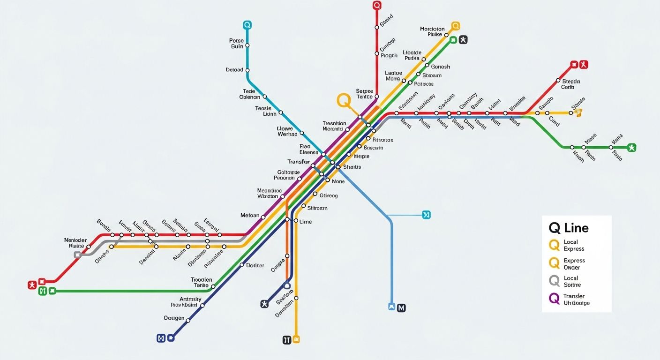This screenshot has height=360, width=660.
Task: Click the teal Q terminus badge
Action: tap(247, 25)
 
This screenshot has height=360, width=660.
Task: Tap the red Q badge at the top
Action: tap(377, 6)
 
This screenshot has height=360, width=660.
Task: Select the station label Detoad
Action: tap(234, 70)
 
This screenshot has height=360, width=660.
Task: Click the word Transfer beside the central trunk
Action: tap(299, 162)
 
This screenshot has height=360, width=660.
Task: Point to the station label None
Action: tap(338, 181)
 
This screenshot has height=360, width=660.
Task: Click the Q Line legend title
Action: tap(569, 228)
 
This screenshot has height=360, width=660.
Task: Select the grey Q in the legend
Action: tap(554, 281)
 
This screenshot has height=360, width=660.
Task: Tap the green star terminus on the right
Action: tap(631, 148)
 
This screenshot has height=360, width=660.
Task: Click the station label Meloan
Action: tap(250, 216)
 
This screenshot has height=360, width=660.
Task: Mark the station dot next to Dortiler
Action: tap(242, 265)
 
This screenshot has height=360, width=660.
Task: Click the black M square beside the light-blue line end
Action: tap(401, 308)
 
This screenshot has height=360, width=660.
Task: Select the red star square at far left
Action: tap(32, 285)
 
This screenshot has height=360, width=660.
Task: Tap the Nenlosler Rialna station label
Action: tap(75, 243)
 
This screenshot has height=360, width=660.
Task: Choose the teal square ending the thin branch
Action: tap(426, 215)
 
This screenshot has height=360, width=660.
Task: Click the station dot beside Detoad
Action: tap(247, 70)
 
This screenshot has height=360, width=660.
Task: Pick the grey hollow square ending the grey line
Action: tap(77, 255)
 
